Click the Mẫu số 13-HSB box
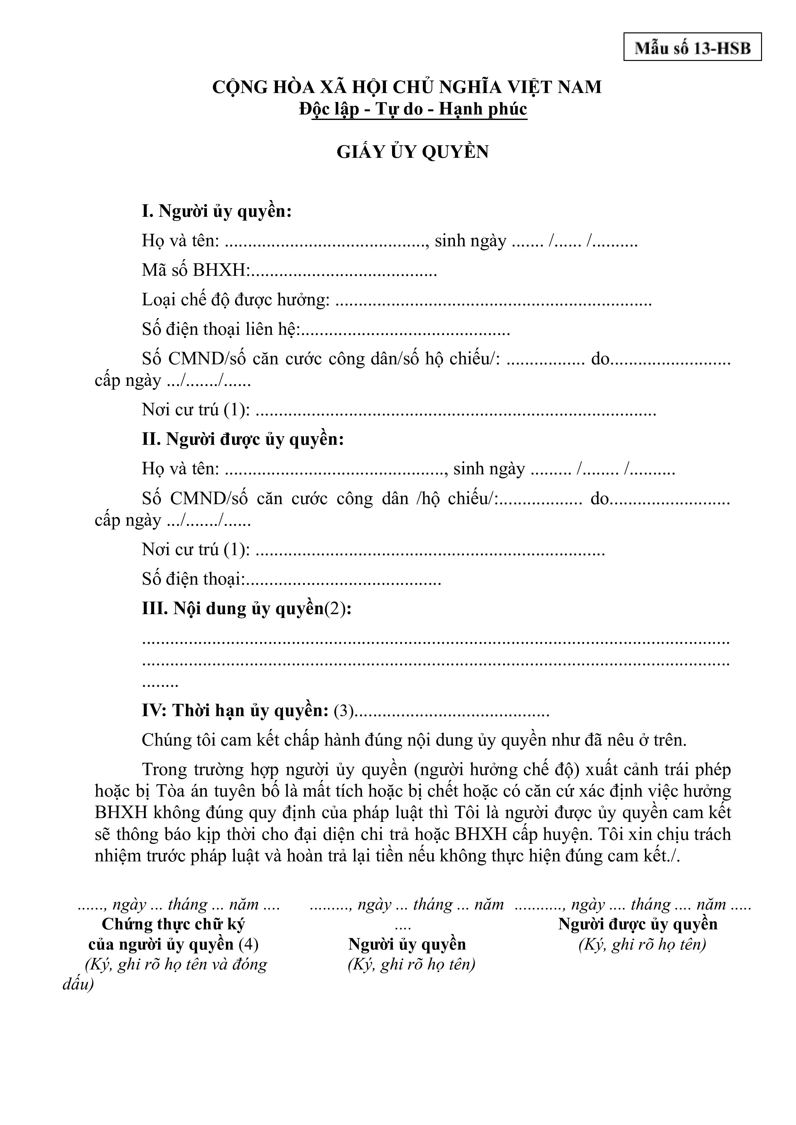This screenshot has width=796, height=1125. [x=692, y=47]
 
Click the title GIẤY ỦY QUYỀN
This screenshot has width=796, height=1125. [x=412, y=152]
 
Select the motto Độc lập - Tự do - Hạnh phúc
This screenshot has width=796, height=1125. [x=413, y=109]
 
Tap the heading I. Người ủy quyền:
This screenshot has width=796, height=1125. [x=217, y=211]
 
